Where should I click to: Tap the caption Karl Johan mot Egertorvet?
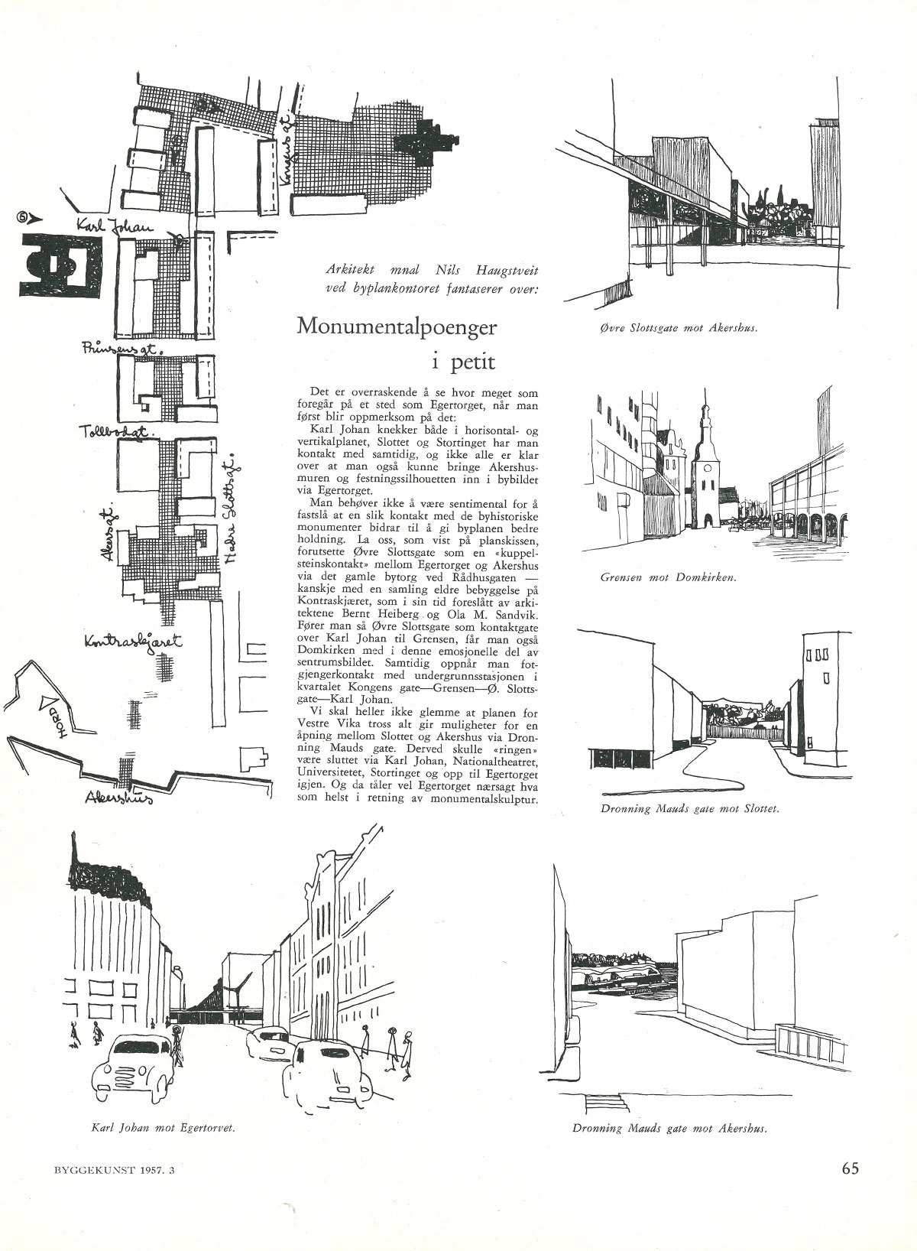click(161, 1127)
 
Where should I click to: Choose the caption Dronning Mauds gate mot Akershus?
click(669, 1127)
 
